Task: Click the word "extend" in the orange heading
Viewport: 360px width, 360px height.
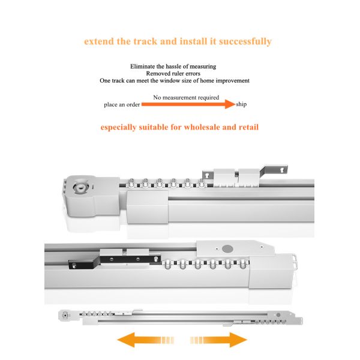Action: pos(99,41)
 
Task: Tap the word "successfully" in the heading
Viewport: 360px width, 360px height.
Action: pos(245,41)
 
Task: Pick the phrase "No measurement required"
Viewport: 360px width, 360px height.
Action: pos(186,98)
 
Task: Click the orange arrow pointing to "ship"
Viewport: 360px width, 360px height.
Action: pos(188,104)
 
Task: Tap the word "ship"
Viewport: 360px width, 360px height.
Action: pos(241,104)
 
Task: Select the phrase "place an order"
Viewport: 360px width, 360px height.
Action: pos(122,104)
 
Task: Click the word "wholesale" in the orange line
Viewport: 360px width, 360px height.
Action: pos(201,127)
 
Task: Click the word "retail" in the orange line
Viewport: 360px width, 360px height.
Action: pos(248,127)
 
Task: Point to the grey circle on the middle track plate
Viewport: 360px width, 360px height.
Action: pos(228,248)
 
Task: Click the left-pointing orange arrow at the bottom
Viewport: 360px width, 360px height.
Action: pos(145,340)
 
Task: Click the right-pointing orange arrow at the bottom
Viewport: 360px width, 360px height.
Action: pos(218,340)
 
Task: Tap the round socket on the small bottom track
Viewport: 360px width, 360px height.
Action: pos(65,315)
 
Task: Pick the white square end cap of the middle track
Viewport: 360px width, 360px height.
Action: pos(271,271)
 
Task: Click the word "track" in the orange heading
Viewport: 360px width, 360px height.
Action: pos(145,41)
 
